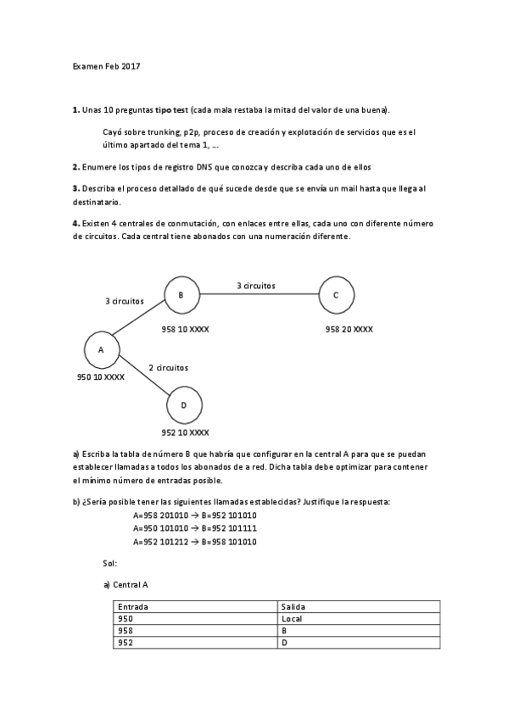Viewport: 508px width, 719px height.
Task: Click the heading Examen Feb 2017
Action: [x=106, y=66]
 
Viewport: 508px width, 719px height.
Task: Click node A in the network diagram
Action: [x=101, y=348]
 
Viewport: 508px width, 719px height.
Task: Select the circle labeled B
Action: [x=181, y=295]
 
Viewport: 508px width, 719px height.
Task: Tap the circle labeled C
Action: [x=336, y=295]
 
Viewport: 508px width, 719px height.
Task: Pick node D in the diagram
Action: [x=183, y=404]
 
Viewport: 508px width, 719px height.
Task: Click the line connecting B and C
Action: [x=258, y=295]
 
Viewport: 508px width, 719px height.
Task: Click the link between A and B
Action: [x=140, y=322]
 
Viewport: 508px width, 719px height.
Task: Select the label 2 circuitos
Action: [x=168, y=367]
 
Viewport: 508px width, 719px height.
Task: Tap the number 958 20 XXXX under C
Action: [x=349, y=329]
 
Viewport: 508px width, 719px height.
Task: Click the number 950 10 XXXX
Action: [x=101, y=377]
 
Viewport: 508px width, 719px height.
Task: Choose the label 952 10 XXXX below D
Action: [x=185, y=432]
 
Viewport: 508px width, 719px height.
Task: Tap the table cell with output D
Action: [x=285, y=643]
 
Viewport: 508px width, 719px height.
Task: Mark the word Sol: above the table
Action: [x=109, y=562]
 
